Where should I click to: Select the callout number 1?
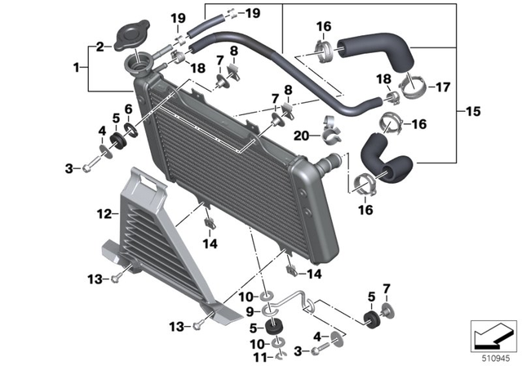click(x=77, y=67)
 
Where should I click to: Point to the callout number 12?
click(x=104, y=215)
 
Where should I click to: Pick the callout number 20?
click(x=300, y=136)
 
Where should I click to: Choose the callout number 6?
click(x=128, y=109)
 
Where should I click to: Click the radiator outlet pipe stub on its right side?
click(x=332, y=163)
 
